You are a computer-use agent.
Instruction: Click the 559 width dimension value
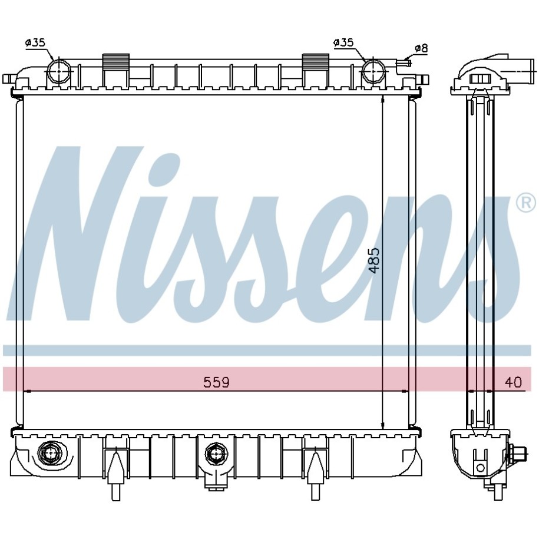click(x=216, y=382)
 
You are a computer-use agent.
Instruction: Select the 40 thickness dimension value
click(x=513, y=382)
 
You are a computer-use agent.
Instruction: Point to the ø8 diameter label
click(x=421, y=48)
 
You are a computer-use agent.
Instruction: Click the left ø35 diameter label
click(x=35, y=42)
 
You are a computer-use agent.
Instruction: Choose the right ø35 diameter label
click(x=343, y=42)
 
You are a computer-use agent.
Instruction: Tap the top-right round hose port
click(x=373, y=71)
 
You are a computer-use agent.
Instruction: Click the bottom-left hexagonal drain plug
click(x=51, y=454)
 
